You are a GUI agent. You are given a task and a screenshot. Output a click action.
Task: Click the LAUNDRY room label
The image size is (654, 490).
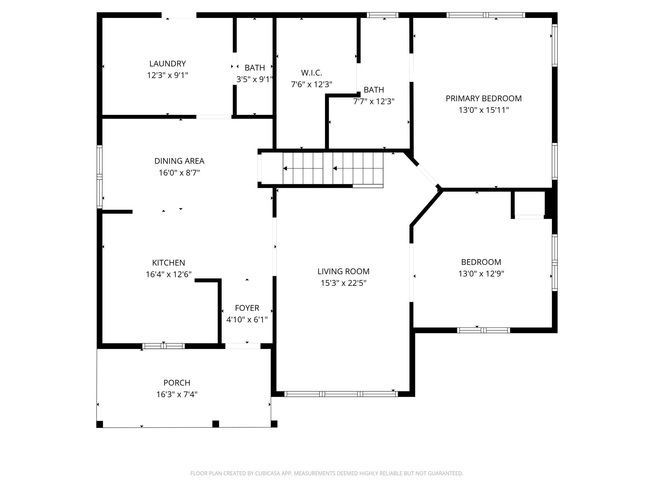(168, 64)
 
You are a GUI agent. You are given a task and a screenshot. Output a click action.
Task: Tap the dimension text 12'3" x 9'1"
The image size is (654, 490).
(168, 75)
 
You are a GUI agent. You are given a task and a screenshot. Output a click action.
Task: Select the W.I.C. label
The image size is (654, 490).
(312, 73)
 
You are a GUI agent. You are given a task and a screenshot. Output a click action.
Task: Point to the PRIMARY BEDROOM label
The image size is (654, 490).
(484, 98)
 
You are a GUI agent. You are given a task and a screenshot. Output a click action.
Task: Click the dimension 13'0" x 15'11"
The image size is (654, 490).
(484, 110)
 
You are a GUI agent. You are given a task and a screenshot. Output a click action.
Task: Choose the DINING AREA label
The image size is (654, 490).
(179, 161)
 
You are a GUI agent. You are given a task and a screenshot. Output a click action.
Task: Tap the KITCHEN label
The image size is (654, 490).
(169, 263)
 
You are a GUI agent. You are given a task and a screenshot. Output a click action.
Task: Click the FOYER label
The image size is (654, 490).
(247, 308)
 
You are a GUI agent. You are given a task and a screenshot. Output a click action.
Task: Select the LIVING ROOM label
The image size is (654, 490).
(343, 271)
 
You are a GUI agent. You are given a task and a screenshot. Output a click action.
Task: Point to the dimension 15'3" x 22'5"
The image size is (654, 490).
(343, 283)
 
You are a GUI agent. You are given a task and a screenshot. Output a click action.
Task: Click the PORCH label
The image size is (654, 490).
(177, 383)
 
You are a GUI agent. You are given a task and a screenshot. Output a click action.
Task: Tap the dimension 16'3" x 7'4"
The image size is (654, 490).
(177, 395)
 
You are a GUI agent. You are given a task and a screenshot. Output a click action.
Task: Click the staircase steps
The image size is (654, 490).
(333, 168)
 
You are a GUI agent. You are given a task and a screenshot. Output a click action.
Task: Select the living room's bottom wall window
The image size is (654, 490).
(341, 394)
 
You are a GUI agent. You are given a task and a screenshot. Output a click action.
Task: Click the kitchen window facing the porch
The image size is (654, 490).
(163, 346)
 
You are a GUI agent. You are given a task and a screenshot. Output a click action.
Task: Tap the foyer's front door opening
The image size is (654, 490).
(243, 346)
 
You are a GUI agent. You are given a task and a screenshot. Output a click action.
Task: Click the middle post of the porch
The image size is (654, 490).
(216, 424)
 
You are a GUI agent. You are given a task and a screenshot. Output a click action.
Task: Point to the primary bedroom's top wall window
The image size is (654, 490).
(486, 15)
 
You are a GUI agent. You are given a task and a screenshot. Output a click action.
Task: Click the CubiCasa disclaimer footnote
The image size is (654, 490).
(327, 473)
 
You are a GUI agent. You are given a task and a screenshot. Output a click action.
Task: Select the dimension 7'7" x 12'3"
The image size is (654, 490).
(374, 101)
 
